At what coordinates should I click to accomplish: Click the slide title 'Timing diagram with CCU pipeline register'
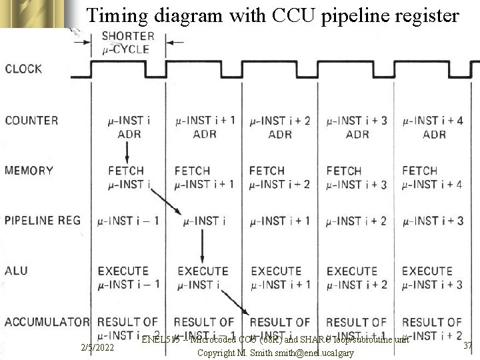(x=273, y=15)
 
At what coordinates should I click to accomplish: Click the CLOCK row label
(x=23, y=69)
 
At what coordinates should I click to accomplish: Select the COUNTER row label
(x=31, y=121)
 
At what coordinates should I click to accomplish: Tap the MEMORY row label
(x=29, y=171)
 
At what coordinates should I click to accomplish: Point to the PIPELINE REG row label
(x=42, y=221)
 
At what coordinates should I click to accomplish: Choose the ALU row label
(x=16, y=271)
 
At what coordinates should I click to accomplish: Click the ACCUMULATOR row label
(x=47, y=322)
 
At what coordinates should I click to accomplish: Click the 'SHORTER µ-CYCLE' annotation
(x=128, y=42)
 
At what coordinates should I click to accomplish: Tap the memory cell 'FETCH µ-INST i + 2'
(x=279, y=177)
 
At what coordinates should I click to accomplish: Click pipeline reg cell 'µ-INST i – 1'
(x=128, y=221)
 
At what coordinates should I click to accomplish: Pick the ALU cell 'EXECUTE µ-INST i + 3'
(x=431, y=277)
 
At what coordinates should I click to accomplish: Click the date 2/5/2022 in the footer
(x=97, y=348)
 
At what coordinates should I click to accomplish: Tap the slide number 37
(x=467, y=345)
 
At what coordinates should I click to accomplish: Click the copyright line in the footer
(x=275, y=353)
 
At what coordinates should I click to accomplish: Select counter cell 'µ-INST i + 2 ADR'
(x=280, y=127)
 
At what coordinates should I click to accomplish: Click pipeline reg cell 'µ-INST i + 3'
(x=433, y=221)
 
